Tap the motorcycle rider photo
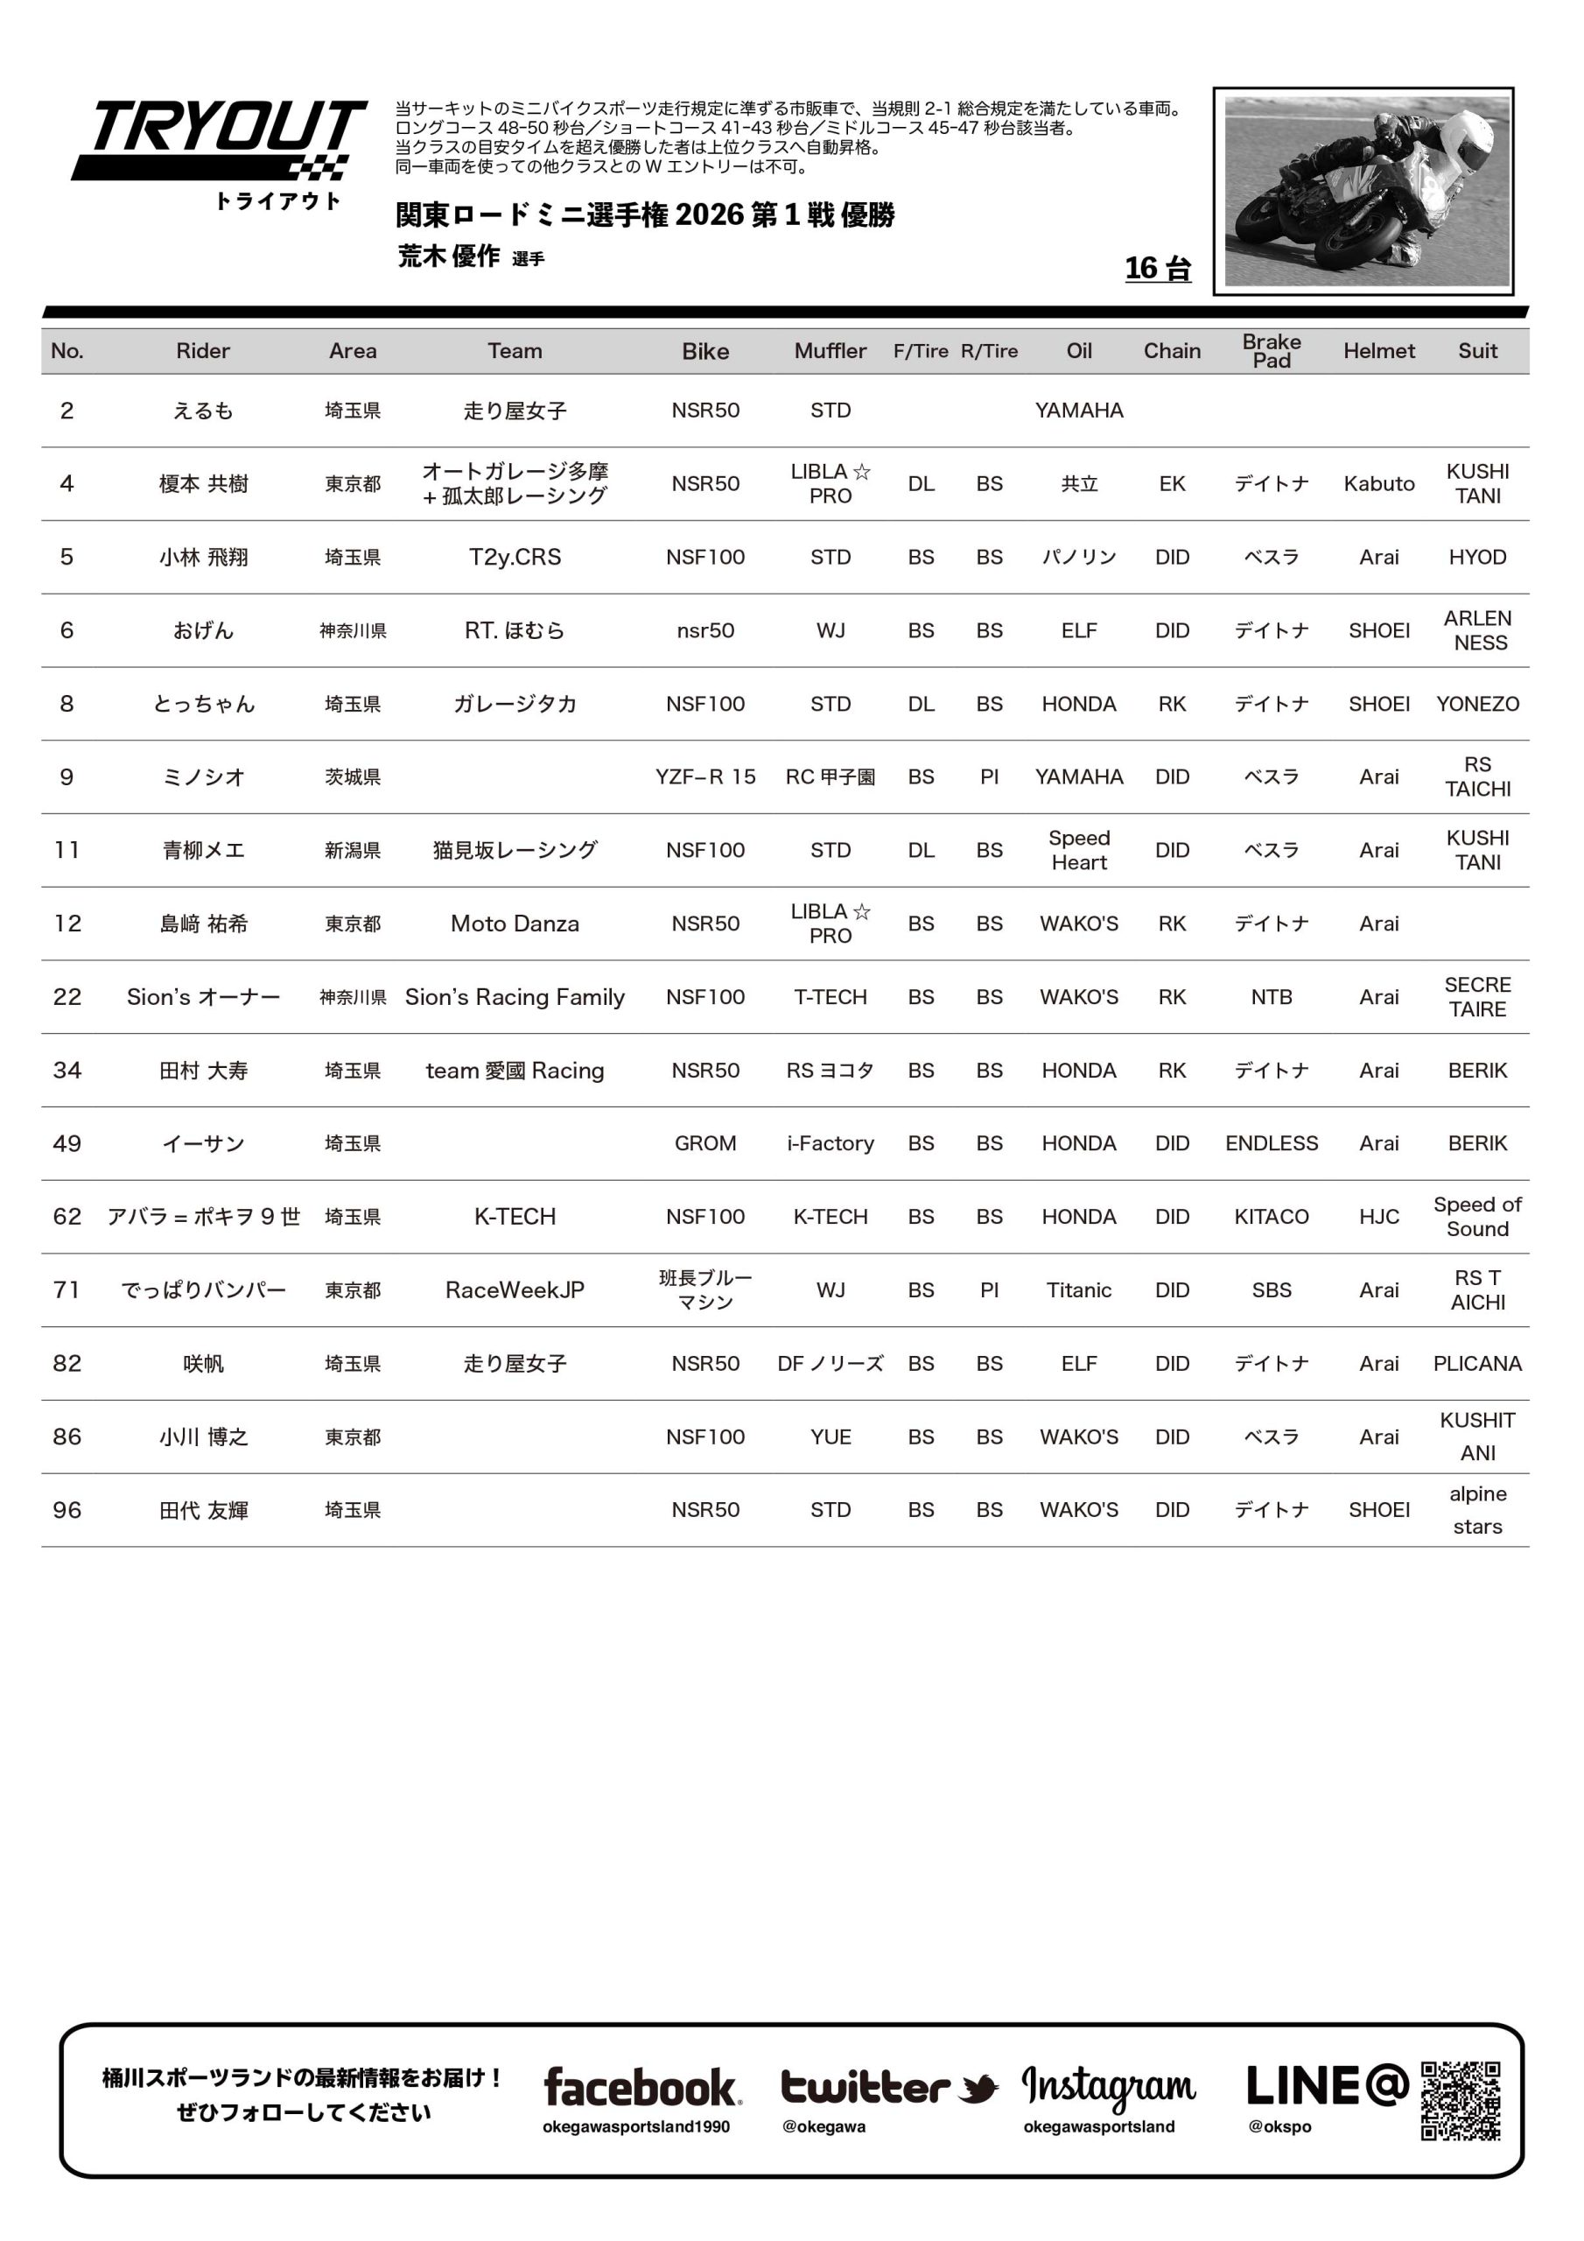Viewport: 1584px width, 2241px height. pos(1363,192)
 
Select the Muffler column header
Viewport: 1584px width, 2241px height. pos(830,351)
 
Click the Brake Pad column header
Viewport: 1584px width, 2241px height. pos(1271,351)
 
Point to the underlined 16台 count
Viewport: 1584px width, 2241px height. pos(1158,269)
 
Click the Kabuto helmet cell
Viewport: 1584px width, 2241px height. pos(1378,484)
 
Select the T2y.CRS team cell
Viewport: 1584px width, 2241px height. pos(515,558)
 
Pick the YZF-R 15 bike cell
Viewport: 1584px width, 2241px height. pos(704,777)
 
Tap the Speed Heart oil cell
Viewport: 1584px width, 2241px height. pos(1078,850)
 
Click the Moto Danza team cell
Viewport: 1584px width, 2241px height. pos(515,924)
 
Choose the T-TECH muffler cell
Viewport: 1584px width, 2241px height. pos(830,996)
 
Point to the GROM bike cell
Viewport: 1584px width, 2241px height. pos(704,1143)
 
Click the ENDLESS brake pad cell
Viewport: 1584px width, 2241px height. pos(1271,1143)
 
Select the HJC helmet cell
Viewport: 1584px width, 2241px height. pos(1378,1216)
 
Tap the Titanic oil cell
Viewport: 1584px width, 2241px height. pos(1078,1290)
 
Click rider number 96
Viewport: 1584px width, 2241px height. pos(67,1510)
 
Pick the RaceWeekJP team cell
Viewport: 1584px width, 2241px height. pos(515,1290)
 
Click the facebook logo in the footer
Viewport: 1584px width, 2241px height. pos(641,2088)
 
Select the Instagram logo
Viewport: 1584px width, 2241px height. pos(1108,2088)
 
